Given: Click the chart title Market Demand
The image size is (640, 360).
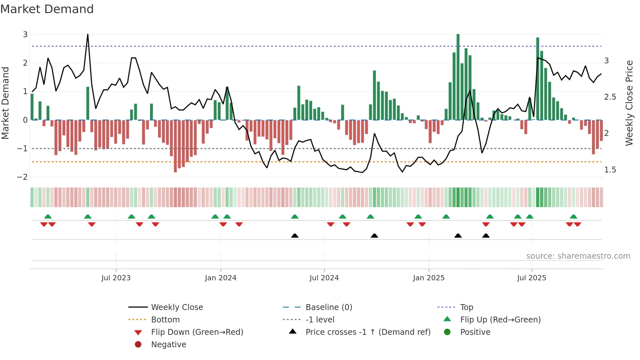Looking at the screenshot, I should point(47,9).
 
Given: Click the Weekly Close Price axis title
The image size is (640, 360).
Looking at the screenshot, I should point(629,103).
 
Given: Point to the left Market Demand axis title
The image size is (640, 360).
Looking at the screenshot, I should point(6,103).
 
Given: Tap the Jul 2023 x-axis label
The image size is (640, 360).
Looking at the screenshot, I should point(116,278).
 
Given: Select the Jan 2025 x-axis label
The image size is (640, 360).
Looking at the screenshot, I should point(428,278).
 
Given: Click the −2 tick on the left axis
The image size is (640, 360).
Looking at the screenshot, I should point(22,177).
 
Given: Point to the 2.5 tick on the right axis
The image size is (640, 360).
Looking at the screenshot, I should point(610,97).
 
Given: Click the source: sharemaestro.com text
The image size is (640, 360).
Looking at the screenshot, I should point(578,256).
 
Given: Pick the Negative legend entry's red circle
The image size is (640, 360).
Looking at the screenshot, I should point(138,345).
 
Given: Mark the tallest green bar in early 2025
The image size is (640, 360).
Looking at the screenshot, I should point(458,75).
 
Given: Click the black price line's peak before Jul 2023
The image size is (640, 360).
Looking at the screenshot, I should point(88,34).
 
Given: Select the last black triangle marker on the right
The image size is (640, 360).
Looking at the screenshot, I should point(486,236).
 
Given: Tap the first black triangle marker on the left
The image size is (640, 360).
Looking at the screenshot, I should point(295,236).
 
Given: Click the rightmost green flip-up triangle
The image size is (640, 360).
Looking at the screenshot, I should point(573,217).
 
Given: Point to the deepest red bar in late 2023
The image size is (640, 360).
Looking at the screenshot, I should point(175,147).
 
